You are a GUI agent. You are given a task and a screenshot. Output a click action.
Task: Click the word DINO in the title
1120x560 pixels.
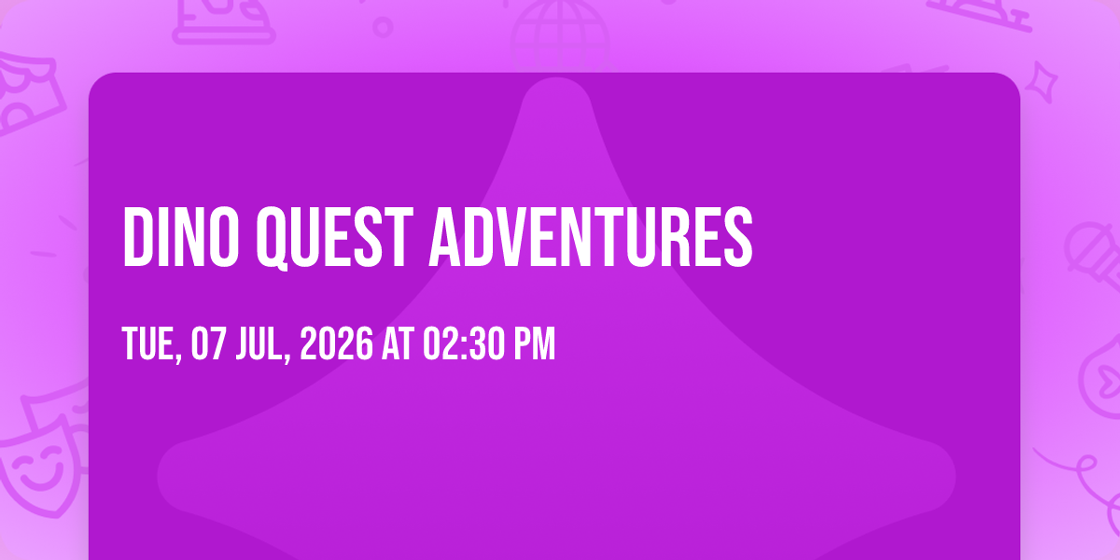(x=180, y=237)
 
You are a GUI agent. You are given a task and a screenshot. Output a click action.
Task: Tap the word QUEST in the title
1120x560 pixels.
(x=334, y=238)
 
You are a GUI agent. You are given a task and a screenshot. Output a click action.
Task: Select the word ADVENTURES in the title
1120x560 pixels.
(x=591, y=237)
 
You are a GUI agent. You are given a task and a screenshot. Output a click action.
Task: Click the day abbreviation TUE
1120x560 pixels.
(x=150, y=343)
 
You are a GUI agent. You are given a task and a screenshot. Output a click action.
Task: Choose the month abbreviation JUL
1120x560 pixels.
(x=261, y=343)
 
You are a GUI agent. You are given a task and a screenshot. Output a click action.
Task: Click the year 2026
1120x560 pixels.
(x=337, y=343)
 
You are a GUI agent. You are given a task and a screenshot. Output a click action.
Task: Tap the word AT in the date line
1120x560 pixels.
(x=398, y=343)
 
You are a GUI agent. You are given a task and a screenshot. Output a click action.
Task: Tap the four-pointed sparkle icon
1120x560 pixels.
(x=1042, y=82)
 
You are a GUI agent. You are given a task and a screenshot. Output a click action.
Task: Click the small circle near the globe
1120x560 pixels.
(x=383, y=27)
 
